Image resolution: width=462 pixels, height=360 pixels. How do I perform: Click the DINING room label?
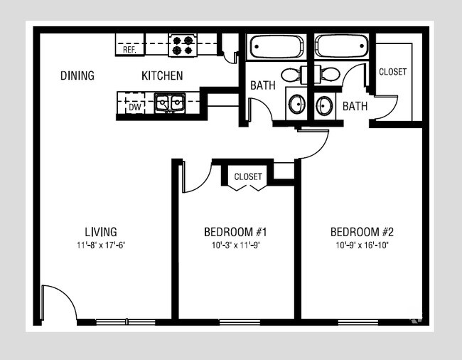[77, 75]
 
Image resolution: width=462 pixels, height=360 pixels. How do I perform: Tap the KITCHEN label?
[162, 75]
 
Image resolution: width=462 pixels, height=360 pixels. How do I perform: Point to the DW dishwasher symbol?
[134, 107]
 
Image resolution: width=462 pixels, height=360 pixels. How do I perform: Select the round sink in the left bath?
[296, 105]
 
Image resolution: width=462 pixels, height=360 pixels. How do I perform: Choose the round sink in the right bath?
[324, 106]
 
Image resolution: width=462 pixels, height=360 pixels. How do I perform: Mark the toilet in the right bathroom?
[329, 74]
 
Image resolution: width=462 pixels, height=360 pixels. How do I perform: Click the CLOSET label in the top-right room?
[393, 72]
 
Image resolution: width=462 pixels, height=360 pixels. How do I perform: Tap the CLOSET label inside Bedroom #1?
[248, 176]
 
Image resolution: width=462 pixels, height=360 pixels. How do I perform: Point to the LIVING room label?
[101, 231]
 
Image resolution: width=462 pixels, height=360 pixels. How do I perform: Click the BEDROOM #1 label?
[235, 231]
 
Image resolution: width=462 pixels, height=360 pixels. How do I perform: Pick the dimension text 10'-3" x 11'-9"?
[235, 245]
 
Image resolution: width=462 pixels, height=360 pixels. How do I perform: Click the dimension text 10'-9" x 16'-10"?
[362, 245]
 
